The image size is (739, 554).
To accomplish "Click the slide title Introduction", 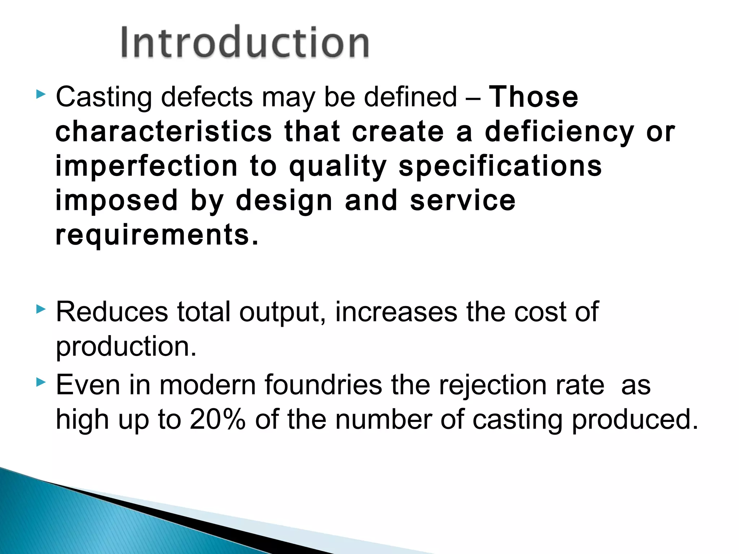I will click(245, 43).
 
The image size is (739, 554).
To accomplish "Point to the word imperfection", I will click(146, 166).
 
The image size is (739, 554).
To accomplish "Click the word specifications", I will click(500, 166).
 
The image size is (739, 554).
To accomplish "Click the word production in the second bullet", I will click(126, 347).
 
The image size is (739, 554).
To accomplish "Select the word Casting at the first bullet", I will click(104, 97).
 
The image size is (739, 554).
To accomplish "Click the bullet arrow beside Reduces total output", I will click(41, 309).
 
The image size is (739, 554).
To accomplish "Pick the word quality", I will click(338, 167).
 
